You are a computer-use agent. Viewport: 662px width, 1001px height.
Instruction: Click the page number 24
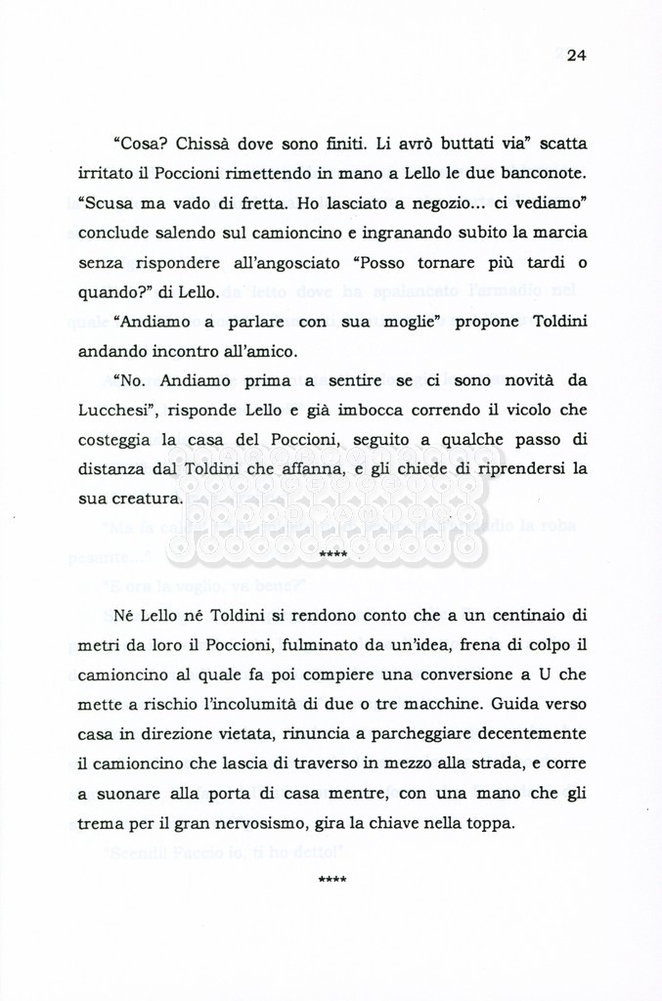pos(575,55)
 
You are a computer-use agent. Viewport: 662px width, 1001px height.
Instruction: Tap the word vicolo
pos(520,410)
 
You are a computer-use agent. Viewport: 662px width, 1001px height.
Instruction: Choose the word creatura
pos(144,499)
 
